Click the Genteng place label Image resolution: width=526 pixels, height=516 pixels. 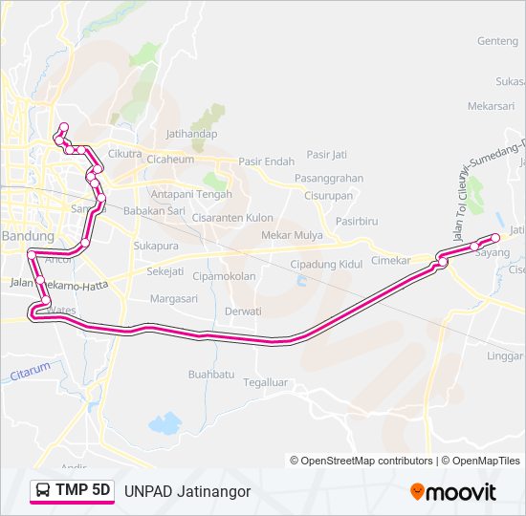click(496, 41)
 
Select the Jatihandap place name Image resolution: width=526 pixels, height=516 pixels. click(191, 134)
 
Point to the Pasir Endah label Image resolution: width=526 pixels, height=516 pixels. click(266, 161)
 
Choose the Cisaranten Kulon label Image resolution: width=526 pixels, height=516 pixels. click(232, 218)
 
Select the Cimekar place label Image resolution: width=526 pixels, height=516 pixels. click(390, 260)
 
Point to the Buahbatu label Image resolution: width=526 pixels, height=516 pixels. click(211, 375)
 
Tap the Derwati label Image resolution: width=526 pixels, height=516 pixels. click(243, 312)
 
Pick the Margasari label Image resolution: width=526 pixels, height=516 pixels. click(173, 298)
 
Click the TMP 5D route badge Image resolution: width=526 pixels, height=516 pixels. click(72, 491)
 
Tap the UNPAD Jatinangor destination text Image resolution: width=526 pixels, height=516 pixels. click(187, 491)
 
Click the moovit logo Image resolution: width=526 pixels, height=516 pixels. click(453, 492)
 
